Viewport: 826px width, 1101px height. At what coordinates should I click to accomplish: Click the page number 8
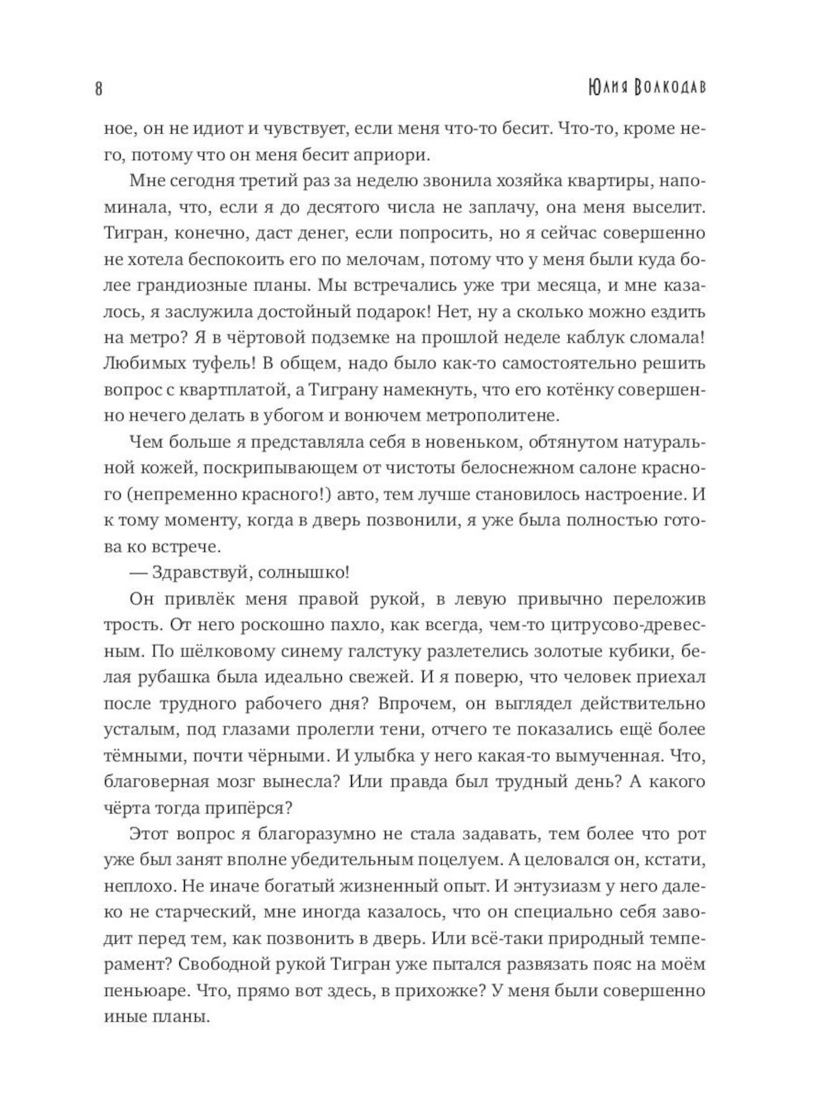[x=99, y=88]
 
